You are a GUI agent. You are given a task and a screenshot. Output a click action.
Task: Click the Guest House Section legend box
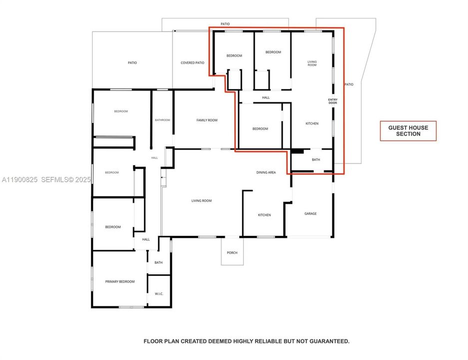click(x=408, y=131)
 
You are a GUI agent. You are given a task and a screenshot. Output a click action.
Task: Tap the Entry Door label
click(x=333, y=101)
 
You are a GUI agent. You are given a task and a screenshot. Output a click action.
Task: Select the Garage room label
click(x=311, y=213)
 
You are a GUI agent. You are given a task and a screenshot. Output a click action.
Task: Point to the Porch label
click(x=232, y=252)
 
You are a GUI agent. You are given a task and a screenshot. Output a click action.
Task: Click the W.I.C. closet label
click(x=159, y=293)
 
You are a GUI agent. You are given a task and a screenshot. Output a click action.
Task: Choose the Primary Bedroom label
click(x=120, y=281)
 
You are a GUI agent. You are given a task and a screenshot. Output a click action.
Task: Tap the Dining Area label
click(x=266, y=172)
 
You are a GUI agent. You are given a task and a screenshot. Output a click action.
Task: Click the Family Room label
click(x=207, y=120)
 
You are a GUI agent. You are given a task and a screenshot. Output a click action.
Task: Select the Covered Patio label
click(x=192, y=62)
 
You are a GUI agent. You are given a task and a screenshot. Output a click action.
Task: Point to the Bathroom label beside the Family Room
click(x=162, y=120)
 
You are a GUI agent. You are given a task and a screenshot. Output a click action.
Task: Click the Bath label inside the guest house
click(x=316, y=160)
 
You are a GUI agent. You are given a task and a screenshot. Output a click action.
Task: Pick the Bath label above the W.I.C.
click(x=158, y=262)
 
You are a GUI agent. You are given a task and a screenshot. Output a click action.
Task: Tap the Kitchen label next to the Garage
click(x=264, y=215)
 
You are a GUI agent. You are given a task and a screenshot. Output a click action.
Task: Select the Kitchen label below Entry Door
click(x=312, y=123)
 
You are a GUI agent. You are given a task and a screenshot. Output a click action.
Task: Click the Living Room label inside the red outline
click(x=312, y=63)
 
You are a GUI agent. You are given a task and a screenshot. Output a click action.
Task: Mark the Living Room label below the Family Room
click(x=201, y=200)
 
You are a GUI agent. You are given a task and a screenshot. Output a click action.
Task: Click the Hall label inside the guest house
click(x=266, y=97)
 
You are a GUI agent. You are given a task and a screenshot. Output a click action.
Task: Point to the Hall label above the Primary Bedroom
click(x=146, y=239)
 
